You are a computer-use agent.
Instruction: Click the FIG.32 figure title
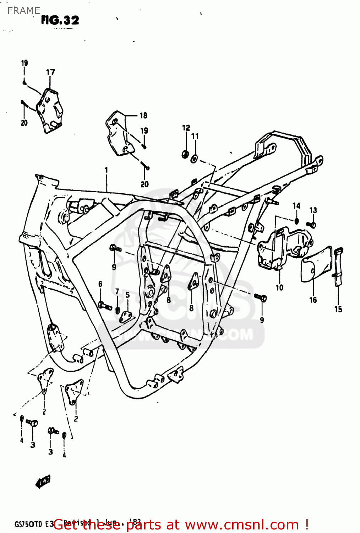[x=60, y=20]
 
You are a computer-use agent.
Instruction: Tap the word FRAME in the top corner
[x=23, y=11]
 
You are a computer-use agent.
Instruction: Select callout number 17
[x=50, y=72]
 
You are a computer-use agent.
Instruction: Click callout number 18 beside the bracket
[x=143, y=115]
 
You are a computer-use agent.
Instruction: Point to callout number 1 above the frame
[x=106, y=170]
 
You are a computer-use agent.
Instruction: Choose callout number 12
[x=186, y=128]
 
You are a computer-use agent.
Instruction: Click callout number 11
[x=195, y=136]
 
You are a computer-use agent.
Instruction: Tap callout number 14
[x=296, y=206]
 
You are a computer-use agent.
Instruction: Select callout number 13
[x=313, y=210]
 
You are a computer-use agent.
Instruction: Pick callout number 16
[x=313, y=300]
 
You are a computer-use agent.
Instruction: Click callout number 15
[x=338, y=309]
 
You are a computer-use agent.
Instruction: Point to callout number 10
[x=279, y=287]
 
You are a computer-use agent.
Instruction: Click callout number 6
[x=100, y=284]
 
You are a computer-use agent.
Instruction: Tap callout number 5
[x=127, y=295]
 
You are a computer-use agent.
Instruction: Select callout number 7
[x=117, y=292]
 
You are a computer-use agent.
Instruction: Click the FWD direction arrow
[x=43, y=482]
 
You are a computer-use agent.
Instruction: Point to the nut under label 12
[x=185, y=154]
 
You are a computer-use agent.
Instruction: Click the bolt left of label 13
[x=312, y=225]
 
